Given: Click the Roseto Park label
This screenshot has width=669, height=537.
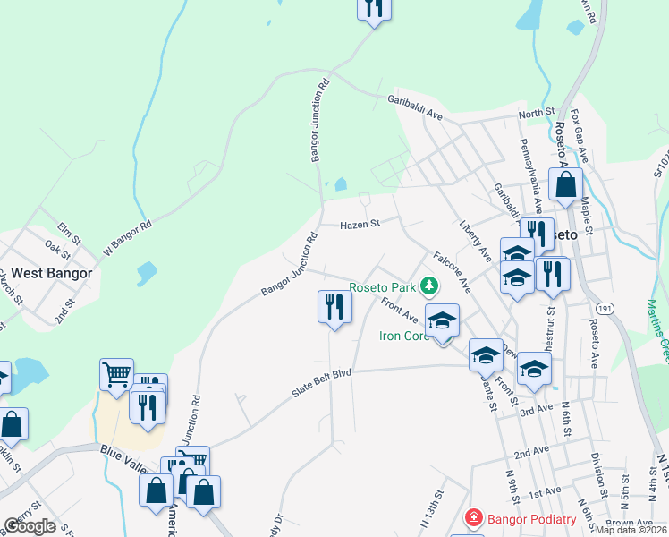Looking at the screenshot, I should (x=383, y=287).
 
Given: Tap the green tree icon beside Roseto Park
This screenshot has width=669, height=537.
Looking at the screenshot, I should (x=430, y=286).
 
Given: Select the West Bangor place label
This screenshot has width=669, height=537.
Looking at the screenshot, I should (x=46, y=273).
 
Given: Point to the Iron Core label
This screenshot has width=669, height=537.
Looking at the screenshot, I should (x=404, y=337).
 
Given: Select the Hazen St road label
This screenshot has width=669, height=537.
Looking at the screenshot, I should (x=360, y=225).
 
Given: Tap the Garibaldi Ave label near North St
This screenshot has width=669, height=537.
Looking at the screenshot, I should (x=415, y=108).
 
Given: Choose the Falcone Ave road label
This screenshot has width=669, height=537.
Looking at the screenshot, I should (x=453, y=272).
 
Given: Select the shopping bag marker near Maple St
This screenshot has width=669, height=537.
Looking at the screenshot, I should (x=565, y=185).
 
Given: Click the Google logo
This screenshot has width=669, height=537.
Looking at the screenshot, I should (x=30, y=526).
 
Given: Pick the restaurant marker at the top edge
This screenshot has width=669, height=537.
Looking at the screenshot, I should (x=374, y=8).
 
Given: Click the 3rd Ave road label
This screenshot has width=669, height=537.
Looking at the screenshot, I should (x=538, y=410).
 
